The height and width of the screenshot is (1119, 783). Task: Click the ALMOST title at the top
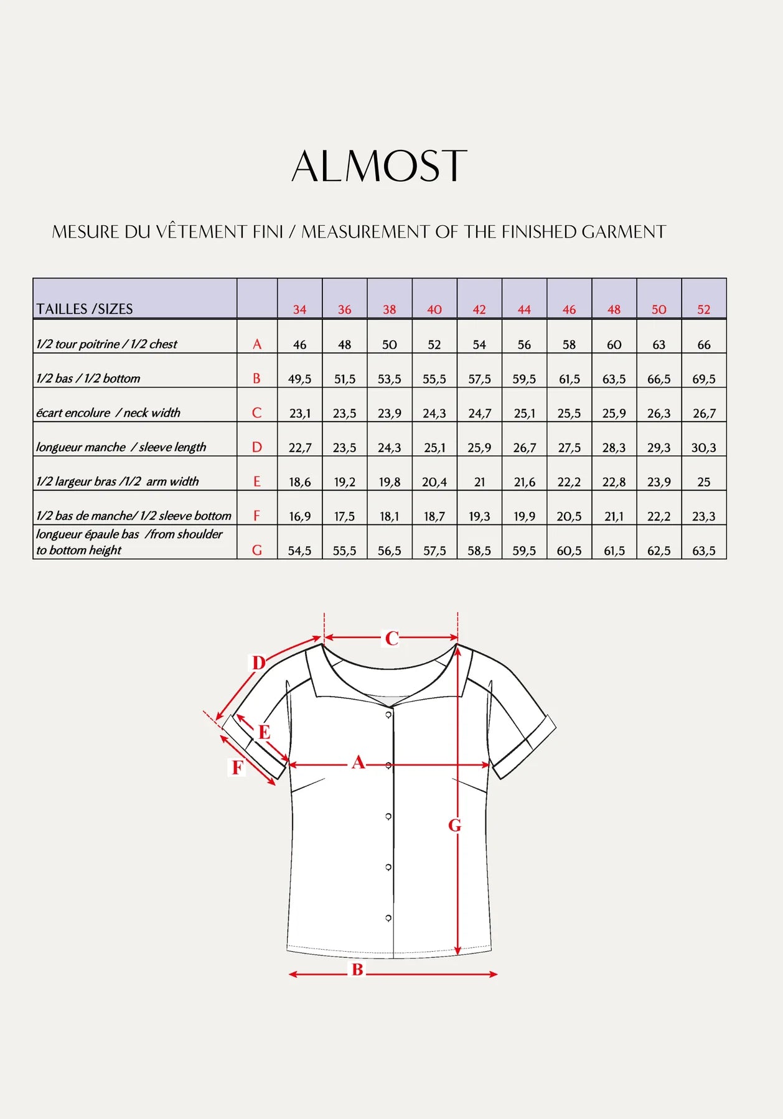379,166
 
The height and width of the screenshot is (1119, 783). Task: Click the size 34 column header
299,309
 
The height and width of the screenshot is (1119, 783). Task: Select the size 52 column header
703,309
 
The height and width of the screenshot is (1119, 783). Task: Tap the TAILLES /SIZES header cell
85,309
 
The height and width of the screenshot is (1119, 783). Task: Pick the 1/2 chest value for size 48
614,345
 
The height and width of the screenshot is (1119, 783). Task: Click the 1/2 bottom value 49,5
299,379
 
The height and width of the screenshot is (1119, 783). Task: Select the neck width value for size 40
434,413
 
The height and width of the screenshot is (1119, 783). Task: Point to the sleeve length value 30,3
703,447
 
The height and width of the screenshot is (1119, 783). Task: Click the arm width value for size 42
479,482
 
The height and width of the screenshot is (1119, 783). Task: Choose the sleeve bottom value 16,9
299,516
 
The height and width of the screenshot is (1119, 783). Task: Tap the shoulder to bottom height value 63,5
703,550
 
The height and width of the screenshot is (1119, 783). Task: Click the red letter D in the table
256,447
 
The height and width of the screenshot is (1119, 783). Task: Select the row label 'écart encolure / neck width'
108,412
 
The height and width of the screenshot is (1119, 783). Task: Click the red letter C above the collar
391,638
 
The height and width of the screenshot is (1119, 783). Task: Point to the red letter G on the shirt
455,825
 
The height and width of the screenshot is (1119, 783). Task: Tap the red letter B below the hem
357,969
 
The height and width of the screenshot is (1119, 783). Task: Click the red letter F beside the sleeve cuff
237,768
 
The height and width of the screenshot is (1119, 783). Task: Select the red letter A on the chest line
358,762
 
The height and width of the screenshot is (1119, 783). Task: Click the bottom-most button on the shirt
388,918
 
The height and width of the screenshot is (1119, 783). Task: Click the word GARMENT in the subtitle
624,232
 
